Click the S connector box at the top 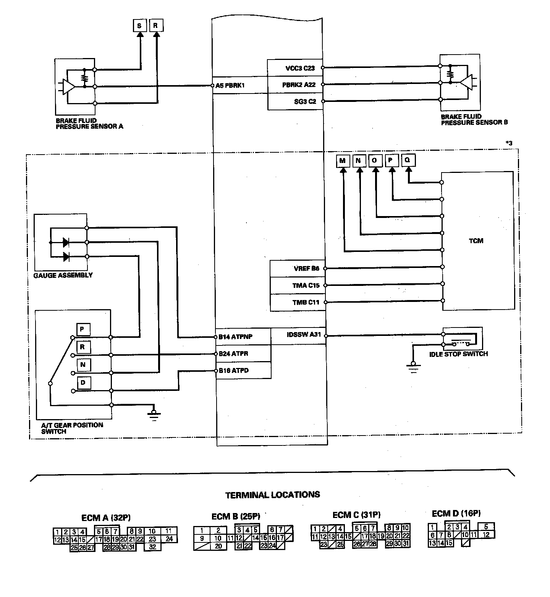pyautogui.click(x=139, y=26)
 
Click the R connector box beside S pyautogui.click(x=155, y=26)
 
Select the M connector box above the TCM pyautogui.click(x=342, y=161)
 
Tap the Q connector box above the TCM pyautogui.click(x=408, y=160)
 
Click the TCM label pyautogui.click(x=476, y=241)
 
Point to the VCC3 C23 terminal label pyautogui.click(x=300, y=69)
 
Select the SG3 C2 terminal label pyautogui.click(x=305, y=102)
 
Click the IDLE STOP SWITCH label pyautogui.click(x=458, y=354)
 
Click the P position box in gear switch pyautogui.click(x=83, y=329)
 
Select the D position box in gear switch pyautogui.click(x=83, y=382)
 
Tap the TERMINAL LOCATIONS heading pyautogui.click(x=273, y=495)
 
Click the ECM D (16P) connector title pyautogui.click(x=456, y=513)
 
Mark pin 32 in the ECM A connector pyautogui.click(x=152, y=547)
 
